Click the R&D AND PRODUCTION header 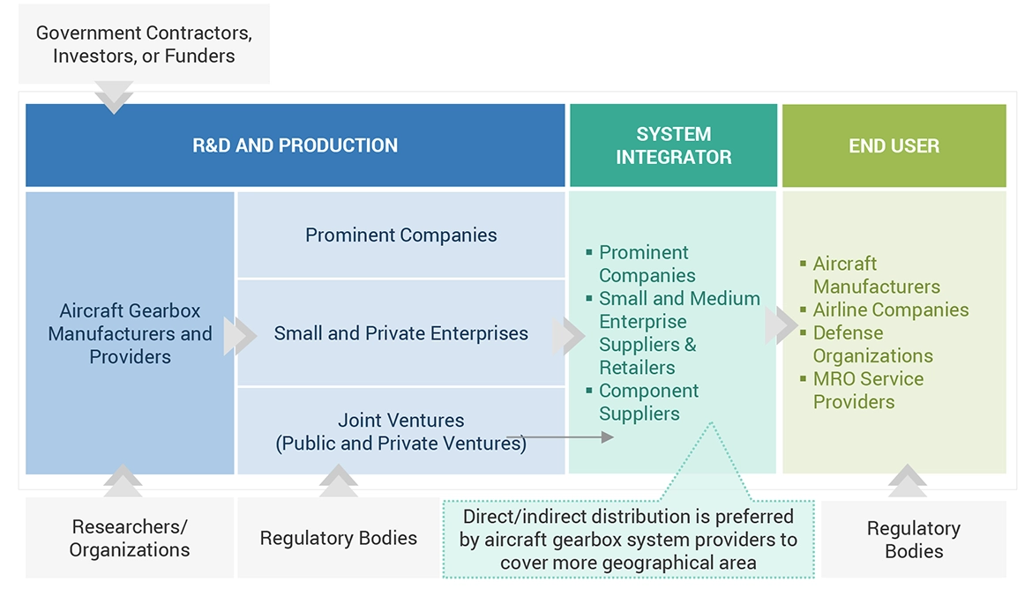[x=295, y=145]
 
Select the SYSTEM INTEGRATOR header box [x=673, y=145]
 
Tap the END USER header [x=894, y=145]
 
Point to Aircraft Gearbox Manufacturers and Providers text [x=130, y=333]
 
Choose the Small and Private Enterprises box [x=400, y=333]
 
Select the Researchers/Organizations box [x=130, y=538]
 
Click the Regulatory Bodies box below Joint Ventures [x=338, y=538]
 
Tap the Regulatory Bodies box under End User [x=913, y=540]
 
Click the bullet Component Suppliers [x=648, y=402]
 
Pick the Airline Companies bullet [x=890, y=309]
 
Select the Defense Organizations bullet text [x=872, y=344]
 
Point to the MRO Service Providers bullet [x=868, y=390]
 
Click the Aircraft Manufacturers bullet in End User [x=876, y=275]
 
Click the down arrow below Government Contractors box [x=114, y=97]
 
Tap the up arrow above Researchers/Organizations [x=123, y=481]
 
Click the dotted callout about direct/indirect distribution [x=628, y=539]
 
